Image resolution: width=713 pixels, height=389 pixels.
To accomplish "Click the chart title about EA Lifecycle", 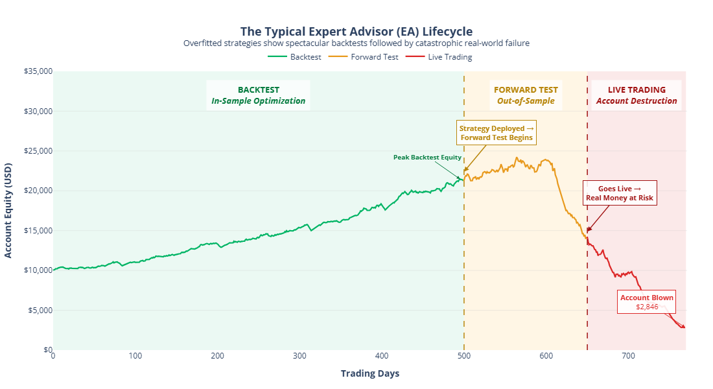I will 356,31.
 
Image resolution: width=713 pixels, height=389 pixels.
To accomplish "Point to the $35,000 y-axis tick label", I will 38,71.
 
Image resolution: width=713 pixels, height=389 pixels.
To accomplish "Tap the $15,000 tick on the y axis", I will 38,230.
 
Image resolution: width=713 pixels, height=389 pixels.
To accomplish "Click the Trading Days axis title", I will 369,373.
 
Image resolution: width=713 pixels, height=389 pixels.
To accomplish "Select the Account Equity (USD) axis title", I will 8,210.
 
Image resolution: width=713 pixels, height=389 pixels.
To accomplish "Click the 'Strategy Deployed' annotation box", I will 497,133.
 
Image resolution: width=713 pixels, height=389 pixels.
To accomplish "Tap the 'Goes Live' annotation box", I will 620,193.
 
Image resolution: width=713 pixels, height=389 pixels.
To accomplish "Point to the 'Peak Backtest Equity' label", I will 427,157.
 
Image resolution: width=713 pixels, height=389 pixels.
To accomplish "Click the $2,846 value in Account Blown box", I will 647,307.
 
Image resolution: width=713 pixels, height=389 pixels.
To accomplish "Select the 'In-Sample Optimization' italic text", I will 258,101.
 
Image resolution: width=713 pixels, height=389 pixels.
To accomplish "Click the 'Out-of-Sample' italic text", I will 526,101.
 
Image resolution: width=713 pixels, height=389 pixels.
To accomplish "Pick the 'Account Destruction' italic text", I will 637,101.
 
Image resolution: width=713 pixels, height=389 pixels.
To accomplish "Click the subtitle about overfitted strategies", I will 356,43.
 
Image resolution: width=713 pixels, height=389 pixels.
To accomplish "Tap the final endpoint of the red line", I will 684,327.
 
